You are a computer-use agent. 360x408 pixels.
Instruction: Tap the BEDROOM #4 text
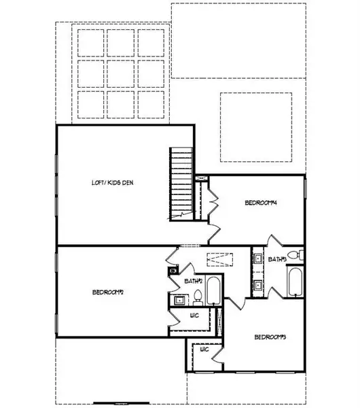coord(262,203)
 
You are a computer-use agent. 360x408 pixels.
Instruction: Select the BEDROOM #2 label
coord(108,292)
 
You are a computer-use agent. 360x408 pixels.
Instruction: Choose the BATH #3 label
coord(277,259)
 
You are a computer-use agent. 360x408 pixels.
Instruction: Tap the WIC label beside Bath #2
coord(194,316)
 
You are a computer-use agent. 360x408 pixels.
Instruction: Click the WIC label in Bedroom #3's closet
coord(203,351)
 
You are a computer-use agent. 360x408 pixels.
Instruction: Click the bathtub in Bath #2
coord(213,291)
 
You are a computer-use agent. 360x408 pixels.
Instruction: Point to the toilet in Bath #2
coord(198,296)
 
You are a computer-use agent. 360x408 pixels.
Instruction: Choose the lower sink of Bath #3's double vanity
coord(259,285)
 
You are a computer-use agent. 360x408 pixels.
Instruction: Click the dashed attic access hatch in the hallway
coord(219,259)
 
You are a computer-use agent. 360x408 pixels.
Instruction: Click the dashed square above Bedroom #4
coord(256,127)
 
